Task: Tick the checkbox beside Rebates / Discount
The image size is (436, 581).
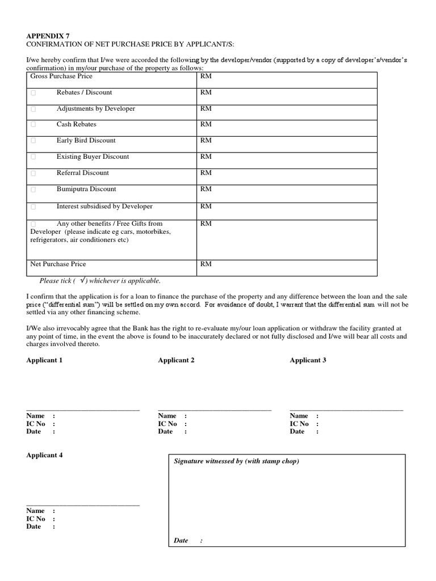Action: [33, 92]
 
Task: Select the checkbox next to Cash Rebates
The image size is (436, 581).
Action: [33, 125]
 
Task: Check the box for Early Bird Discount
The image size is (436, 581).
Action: [33, 141]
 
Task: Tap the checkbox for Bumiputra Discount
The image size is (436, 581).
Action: [33, 190]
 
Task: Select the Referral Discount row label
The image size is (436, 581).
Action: [82, 173]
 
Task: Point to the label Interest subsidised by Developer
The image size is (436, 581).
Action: [104, 207]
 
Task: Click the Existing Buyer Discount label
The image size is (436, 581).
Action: [93, 157]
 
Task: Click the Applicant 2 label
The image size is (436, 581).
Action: [176, 360]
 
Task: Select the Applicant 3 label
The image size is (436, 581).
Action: [308, 360]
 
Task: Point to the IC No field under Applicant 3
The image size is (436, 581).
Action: [299, 424]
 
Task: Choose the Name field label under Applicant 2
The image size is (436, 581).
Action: [167, 416]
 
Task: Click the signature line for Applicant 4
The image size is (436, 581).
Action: [83, 505]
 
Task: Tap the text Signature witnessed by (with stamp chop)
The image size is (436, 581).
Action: [236, 461]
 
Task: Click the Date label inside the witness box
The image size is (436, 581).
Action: [181, 541]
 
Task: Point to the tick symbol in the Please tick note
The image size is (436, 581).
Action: [83, 280]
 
